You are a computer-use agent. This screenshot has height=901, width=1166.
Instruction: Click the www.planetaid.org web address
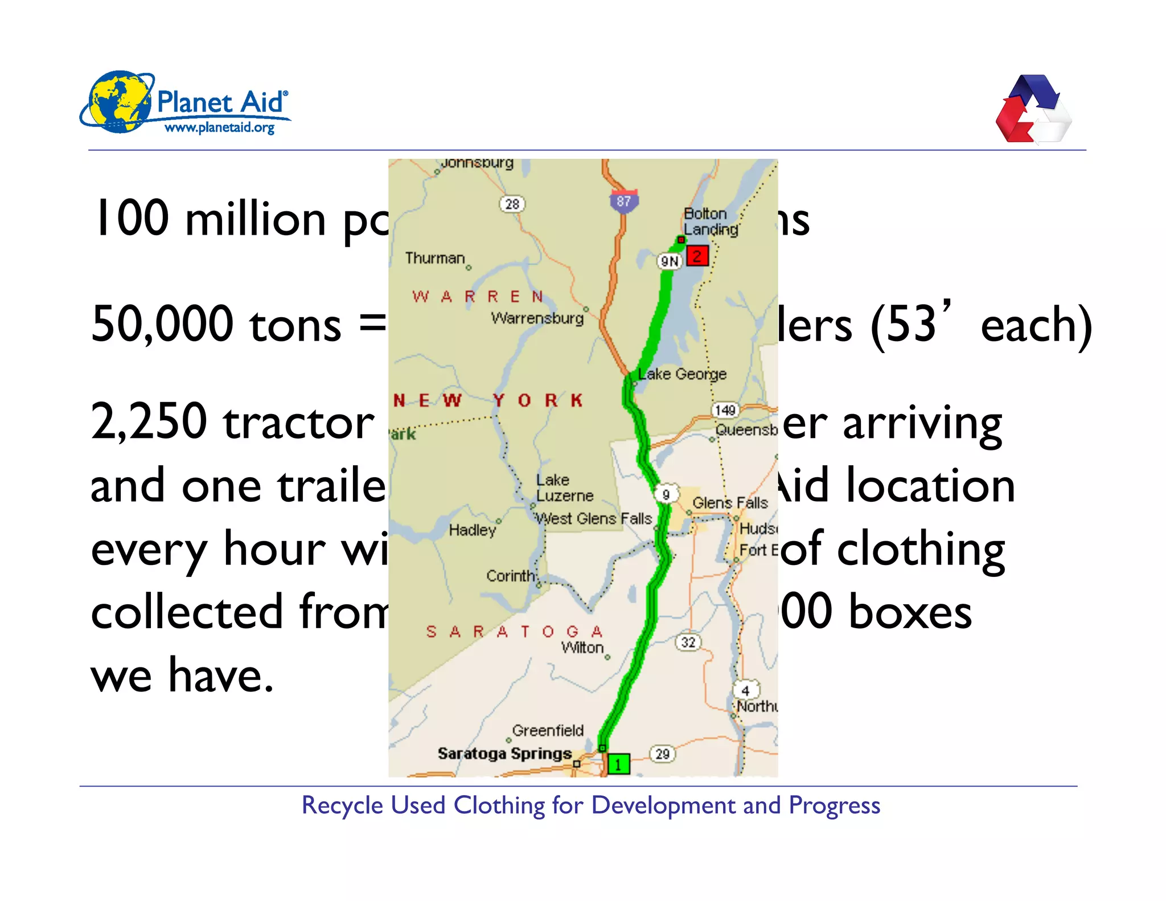219,128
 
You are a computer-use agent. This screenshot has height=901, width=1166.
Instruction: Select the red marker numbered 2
697,256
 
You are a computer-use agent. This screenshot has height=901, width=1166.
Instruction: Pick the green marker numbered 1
618,764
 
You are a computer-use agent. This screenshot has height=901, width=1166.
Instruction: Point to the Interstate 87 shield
624,202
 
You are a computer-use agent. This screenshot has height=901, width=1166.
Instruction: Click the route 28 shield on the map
512,204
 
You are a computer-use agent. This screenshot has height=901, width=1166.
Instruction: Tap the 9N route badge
670,261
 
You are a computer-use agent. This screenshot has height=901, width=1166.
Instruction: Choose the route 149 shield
725,410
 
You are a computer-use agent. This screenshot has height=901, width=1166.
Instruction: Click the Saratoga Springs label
504,753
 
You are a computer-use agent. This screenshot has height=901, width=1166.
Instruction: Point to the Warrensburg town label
537,318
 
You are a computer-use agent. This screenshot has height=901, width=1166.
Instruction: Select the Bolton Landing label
711,222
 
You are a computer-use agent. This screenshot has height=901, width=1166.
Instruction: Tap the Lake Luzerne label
564,488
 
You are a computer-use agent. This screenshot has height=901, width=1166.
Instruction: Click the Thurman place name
435,259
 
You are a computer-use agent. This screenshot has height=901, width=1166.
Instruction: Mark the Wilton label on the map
582,648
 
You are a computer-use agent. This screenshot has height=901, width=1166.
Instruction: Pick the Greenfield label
548,730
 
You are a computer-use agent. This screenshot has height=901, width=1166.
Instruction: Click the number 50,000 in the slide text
162,324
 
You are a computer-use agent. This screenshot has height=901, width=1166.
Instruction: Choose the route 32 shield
688,642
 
